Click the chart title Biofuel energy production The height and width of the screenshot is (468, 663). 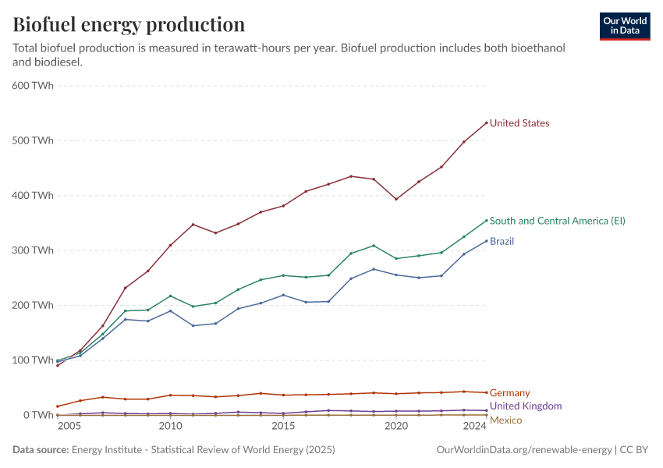click(x=129, y=25)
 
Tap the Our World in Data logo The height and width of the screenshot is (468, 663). click(x=625, y=26)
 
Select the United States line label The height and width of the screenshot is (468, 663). click(x=519, y=123)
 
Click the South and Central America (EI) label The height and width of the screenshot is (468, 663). click(x=557, y=221)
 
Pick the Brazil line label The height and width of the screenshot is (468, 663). click(x=502, y=242)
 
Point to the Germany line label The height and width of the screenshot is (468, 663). click(x=509, y=393)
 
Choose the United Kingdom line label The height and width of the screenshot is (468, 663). click(x=526, y=406)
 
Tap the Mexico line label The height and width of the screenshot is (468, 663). click(x=505, y=420)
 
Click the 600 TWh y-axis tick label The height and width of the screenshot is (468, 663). click(x=33, y=86)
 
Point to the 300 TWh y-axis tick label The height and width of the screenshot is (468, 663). click(x=33, y=250)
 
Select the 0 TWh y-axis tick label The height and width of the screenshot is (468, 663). click(x=38, y=415)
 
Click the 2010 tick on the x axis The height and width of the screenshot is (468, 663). click(x=170, y=427)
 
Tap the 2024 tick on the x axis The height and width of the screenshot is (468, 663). click(x=475, y=427)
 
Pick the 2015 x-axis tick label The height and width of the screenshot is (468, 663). click(x=283, y=427)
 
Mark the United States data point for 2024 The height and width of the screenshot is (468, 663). click(x=487, y=122)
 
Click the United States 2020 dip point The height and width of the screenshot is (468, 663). click(x=396, y=199)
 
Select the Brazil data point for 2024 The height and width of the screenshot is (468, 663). click(x=487, y=240)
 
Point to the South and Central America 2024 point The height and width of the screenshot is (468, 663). click(x=487, y=220)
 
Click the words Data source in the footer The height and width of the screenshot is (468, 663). click(x=40, y=450)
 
